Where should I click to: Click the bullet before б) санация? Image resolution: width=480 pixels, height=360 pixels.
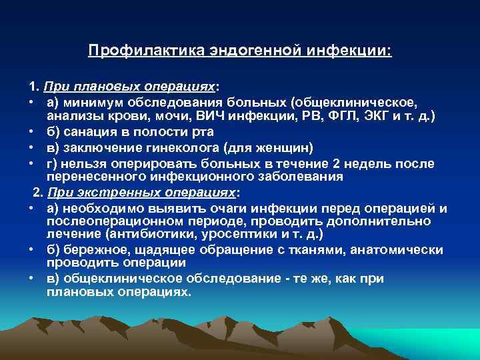point(32,131)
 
